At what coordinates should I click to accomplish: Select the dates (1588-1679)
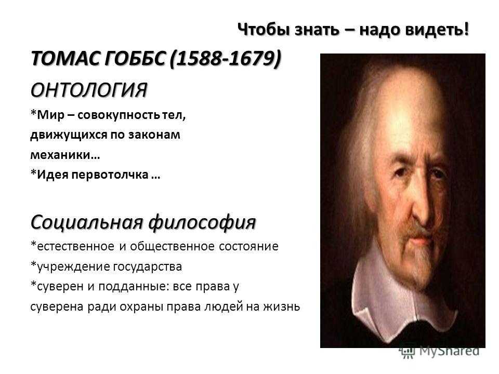[x=226, y=59]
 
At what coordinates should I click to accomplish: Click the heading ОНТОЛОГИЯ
[x=89, y=90]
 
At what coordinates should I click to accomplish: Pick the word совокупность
[x=119, y=115]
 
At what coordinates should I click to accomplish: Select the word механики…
[x=65, y=155]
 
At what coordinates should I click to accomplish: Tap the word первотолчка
[x=110, y=175]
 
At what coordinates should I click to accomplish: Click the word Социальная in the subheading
[x=86, y=222]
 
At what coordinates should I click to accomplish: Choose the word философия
[x=202, y=222]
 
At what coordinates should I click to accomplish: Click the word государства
[x=148, y=267]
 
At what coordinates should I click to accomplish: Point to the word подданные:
[x=134, y=287]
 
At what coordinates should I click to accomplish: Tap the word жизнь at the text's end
[x=281, y=306]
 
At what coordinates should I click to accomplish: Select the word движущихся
[x=69, y=135]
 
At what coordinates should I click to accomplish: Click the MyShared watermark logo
[x=439, y=351]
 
